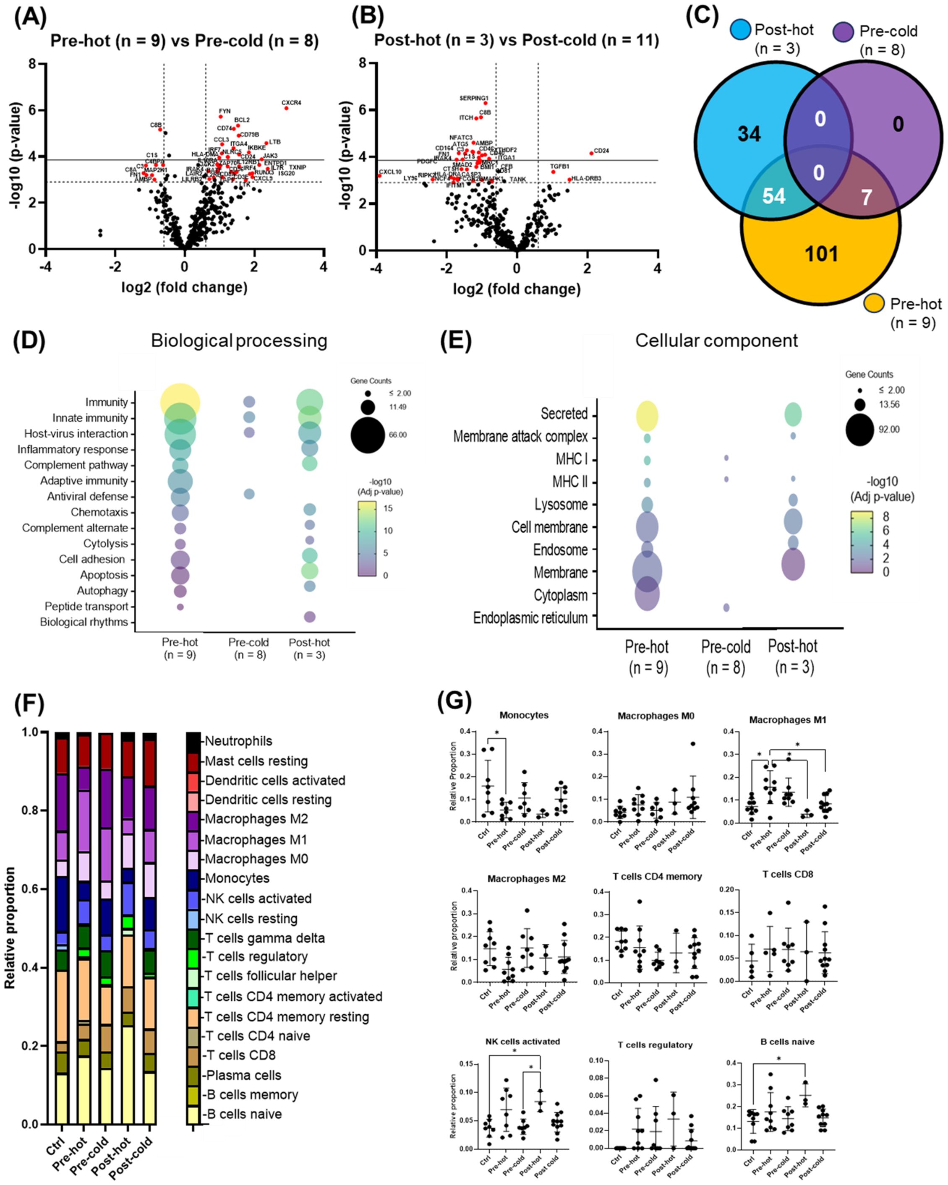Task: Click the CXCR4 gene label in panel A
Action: coord(291,103)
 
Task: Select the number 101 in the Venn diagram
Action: coord(822,254)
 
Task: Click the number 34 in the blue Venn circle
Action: coord(749,133)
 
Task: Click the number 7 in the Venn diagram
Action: coord(866,197)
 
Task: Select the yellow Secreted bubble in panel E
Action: coord(647,416)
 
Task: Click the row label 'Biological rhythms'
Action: coord(84,622)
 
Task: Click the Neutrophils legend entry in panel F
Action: coord(238,741)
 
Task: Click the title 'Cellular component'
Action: coord(716,341)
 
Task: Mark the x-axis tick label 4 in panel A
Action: coord(323,267)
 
